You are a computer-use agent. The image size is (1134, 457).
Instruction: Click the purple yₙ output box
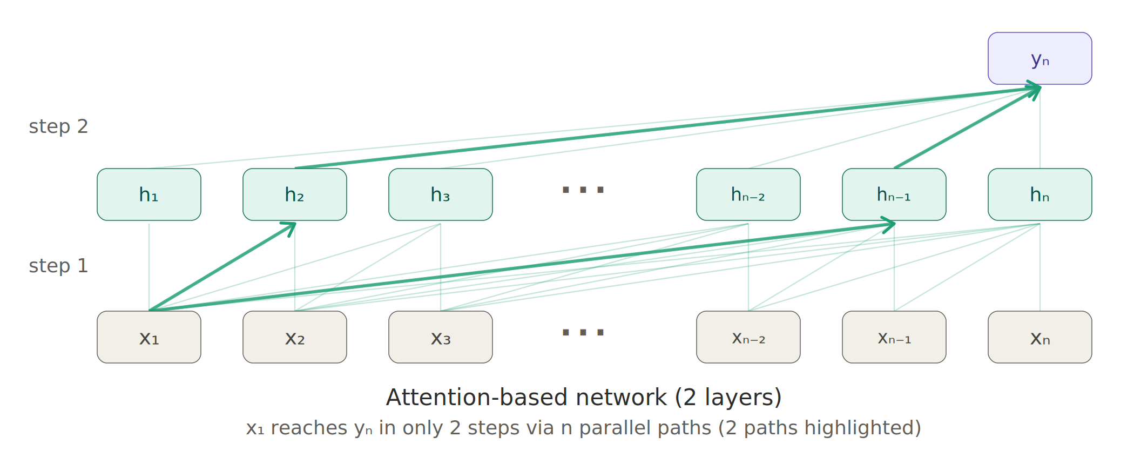1039,58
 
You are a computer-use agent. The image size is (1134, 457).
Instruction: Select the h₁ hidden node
149,194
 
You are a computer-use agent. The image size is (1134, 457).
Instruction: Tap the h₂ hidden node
295,194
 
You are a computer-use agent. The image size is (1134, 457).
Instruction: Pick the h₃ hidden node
441,194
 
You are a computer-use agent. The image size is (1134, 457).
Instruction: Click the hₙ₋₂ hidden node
748,194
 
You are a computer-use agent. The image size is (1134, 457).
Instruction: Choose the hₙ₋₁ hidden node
894,194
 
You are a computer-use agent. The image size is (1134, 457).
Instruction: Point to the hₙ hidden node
1040,194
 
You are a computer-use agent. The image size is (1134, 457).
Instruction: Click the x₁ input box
149,337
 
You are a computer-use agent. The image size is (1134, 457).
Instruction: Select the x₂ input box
295,337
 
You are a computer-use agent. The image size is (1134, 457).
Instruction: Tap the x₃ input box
441,337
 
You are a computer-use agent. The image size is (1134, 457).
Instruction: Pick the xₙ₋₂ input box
748,337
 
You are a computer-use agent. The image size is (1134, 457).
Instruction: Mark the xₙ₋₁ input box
894,337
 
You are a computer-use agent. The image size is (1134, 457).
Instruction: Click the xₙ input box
1040,337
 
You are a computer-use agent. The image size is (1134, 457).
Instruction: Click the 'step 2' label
58,126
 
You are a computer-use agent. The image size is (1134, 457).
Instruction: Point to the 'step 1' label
58,266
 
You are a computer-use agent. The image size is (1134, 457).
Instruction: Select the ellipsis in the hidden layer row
583,190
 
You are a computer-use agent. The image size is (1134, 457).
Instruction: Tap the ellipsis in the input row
583,332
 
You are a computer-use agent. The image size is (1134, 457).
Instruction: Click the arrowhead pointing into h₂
289,228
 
